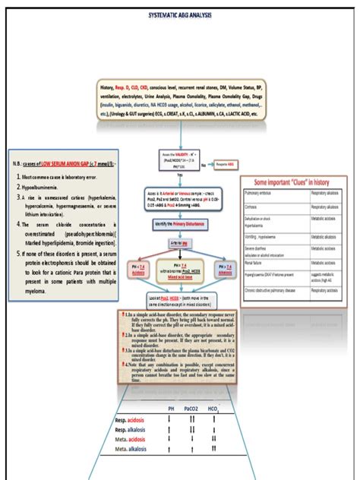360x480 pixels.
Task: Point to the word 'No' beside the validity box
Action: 204,163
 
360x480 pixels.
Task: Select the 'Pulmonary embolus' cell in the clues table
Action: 261,194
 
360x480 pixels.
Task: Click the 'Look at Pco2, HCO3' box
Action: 180,302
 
